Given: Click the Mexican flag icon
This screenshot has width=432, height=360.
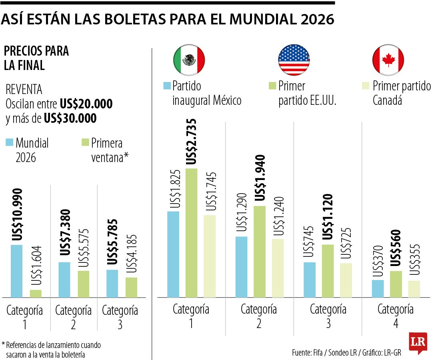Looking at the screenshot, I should pyautogui.click(x=189, y=60).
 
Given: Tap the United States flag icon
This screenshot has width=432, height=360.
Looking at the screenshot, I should pyautogui.click(x=294, y=60).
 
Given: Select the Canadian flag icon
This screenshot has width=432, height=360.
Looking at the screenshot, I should pyautogui.click(x=388, y=60).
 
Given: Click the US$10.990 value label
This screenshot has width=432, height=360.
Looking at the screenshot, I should pyautogui.click(x=17, y=214).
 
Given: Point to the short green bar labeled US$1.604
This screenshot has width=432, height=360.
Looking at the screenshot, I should pyautogui.click(x=36, y=293).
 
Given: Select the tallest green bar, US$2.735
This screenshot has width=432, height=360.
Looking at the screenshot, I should pyautogui.click(x=192, y=233).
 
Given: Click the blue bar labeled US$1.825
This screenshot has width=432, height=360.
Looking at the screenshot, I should pyautogui.click(x=173, y=254).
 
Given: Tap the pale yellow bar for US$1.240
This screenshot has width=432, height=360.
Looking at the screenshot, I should pyautogui.click(x=278, y=268).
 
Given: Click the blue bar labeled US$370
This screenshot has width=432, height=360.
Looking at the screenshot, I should pyautogui.click(x=378, y=288).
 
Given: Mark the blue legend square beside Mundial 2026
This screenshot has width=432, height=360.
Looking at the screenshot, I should pyautogui.click(x=9, y=142).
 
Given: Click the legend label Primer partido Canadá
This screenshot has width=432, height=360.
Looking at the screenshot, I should pyautogui.click(x=402, y=93).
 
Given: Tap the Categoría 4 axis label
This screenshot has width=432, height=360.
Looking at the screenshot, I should pyautogui.click(x=395, y=316).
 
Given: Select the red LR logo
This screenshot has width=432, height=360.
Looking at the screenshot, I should pyautogui.click(x=418, y=342).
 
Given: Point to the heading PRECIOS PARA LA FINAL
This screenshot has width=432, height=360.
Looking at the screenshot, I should pyautogui.click(x=36, y=58).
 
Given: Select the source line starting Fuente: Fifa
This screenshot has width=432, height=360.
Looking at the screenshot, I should pyautogui.click(x=346, y=353).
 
